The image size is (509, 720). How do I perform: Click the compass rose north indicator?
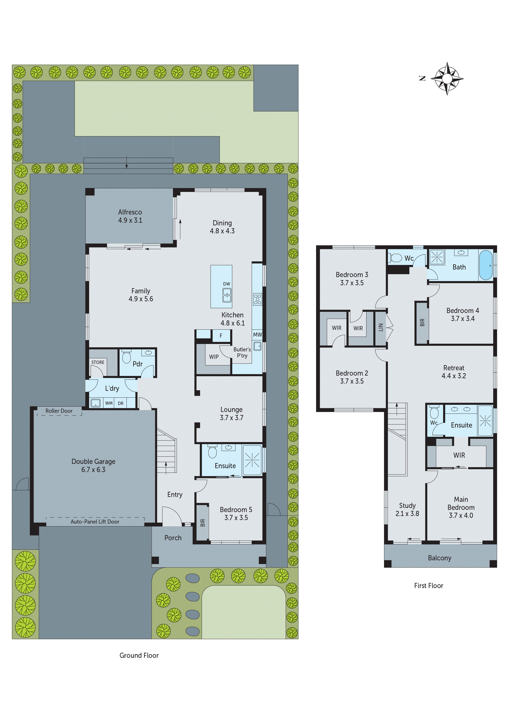(x=422, y=78)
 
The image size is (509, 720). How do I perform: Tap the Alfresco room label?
(x=130, y=212)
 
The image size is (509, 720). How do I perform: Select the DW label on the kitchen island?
(x=226, y=284)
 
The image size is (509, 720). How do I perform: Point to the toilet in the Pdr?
(x=126, y=357)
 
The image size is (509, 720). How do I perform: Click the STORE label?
(x=97, y=362)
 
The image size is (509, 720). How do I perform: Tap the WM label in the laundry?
(x=109, y=403)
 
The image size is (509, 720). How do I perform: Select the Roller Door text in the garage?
(x=59, y=411)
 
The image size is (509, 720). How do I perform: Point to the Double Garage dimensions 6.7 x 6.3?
(x=93, y=469)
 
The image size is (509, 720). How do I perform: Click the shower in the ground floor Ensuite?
(x=252, y=460)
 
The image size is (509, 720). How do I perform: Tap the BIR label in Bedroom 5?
(x=203, y=522)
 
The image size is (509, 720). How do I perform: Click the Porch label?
(x=173, y=538)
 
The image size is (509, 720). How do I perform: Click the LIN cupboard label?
(x=381, y=327)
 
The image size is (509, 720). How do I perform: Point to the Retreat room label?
(x=454, y=368)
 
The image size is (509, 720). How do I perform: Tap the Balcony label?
(x=439, y=558)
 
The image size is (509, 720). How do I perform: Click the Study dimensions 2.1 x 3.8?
(x=407, y=513)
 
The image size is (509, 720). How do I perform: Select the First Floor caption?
(x=428, y=586)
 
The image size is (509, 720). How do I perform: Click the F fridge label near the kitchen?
(x=221, y=336)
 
